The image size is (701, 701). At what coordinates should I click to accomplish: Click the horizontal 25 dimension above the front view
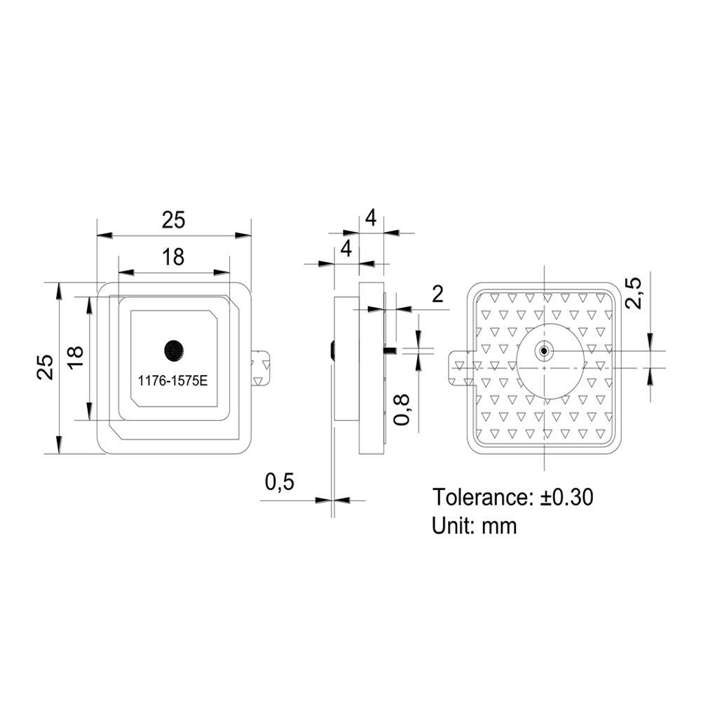173,220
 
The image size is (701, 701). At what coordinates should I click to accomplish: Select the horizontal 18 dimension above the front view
173,257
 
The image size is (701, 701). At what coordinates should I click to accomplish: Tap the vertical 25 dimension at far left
46,367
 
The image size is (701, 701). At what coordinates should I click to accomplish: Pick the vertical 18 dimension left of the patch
75,357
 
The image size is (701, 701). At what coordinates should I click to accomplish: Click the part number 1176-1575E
172,381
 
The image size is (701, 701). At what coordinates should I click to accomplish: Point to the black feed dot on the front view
173,350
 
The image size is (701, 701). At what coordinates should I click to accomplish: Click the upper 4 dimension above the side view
371,218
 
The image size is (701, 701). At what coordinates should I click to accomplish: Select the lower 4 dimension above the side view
346,249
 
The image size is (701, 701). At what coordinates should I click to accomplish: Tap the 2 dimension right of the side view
437,294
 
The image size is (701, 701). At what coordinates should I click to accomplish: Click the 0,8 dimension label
402,409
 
